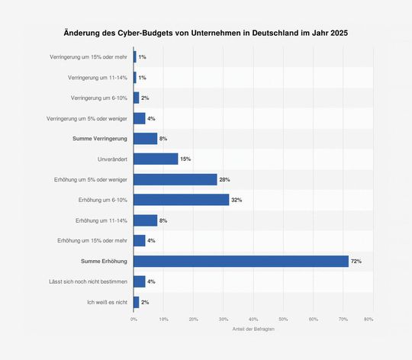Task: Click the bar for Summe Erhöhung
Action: pyautogui.click(x=240, y=262)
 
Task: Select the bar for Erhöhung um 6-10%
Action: pyautogui.click(x=181, y=200)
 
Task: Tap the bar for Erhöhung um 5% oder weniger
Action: pyautogui.click(x=175, y=179)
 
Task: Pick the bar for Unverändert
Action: pyautogui.click(x=156, y=159)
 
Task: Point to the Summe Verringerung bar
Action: pyautogui.click(x=145, y=138)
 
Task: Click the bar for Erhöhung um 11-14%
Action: pyautogui.click(x=145, y=220)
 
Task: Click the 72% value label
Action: pyautogui.click(x=356, y=262)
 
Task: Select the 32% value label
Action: pyautogui.click(x=237, y=200)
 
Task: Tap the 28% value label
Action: pyautogui.click(x=224, y=179)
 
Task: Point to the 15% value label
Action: pyautogui.click(x=185, y=159)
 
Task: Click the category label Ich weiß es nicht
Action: pyautogui.click(x=108, y=303)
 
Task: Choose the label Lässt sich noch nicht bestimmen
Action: pyautogui.click(x=89, y=282)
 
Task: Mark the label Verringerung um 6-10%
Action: pyautogui.click(x=99, y=98)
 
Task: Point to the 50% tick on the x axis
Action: pyautogui.click(x=283, y=319)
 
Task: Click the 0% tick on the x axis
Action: pyautogui.click(x=134, y=319)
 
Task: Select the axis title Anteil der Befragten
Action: pyautogui.click(x=253, y=329)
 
